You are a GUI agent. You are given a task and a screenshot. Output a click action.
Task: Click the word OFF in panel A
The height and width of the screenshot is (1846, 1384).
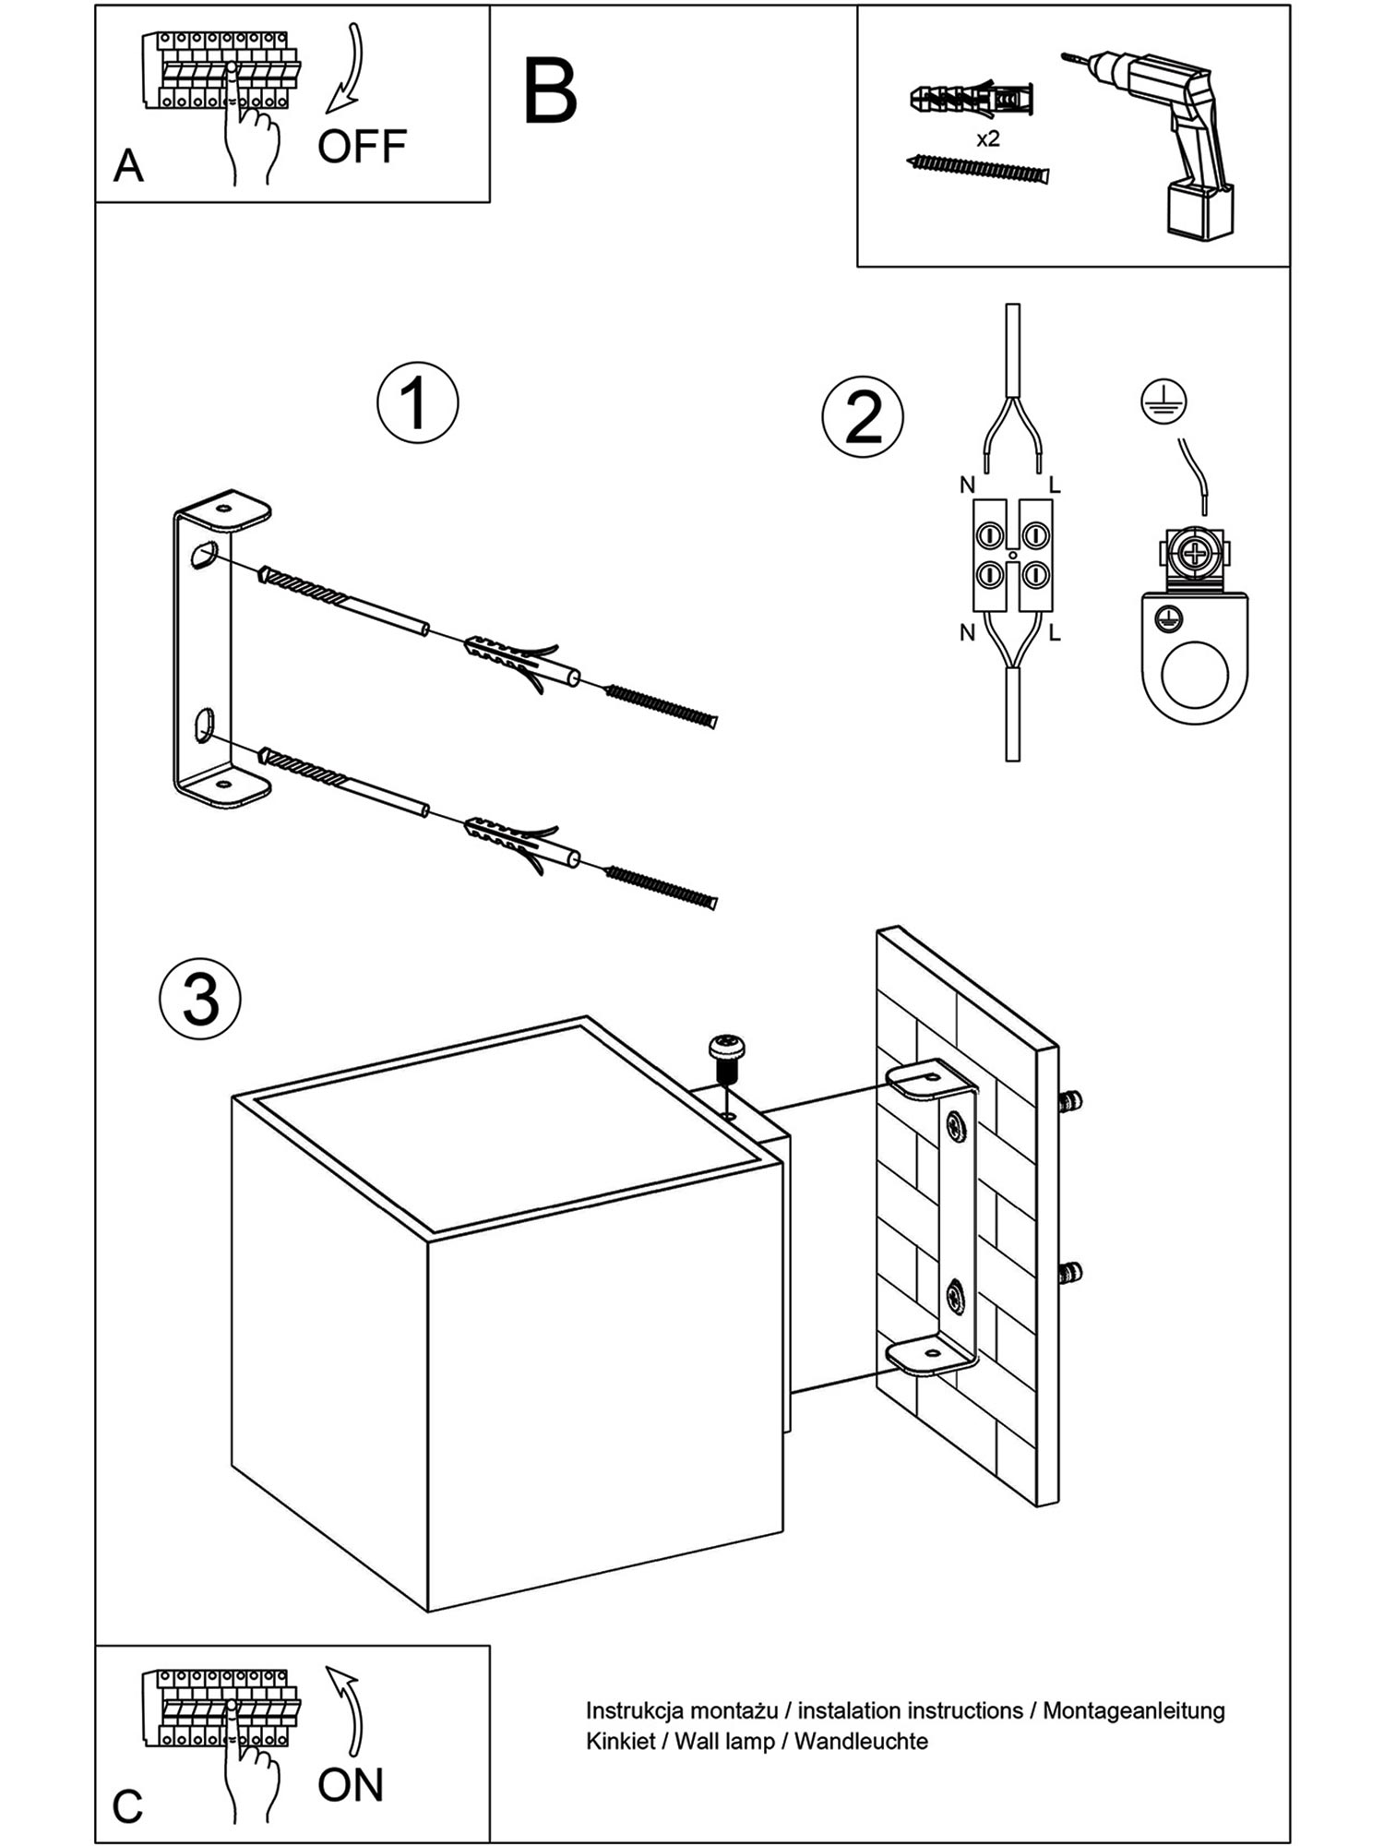362,147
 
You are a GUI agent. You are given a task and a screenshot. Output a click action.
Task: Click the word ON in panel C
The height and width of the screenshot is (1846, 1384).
350,1785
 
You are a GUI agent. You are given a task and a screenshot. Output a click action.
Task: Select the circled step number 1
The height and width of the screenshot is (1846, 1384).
417,403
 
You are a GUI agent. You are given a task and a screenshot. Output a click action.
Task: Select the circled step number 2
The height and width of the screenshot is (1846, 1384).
863,417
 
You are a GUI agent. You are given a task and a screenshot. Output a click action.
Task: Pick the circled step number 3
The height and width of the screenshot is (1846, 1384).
200,1001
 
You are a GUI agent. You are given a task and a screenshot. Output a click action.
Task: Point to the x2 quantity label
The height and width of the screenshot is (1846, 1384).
987,139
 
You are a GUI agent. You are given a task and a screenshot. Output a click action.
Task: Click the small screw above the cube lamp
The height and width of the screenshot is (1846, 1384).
727,1058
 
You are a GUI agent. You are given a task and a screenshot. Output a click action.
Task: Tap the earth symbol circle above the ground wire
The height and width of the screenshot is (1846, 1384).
1163,402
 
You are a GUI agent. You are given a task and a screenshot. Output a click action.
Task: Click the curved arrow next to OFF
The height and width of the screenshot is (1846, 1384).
349,69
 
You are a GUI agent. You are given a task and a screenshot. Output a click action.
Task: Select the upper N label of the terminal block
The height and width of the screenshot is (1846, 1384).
967,485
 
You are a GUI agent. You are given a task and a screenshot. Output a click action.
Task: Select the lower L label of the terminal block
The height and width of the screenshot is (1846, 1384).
1054,633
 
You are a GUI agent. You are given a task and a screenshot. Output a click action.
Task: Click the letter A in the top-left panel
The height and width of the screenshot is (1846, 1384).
128,167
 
